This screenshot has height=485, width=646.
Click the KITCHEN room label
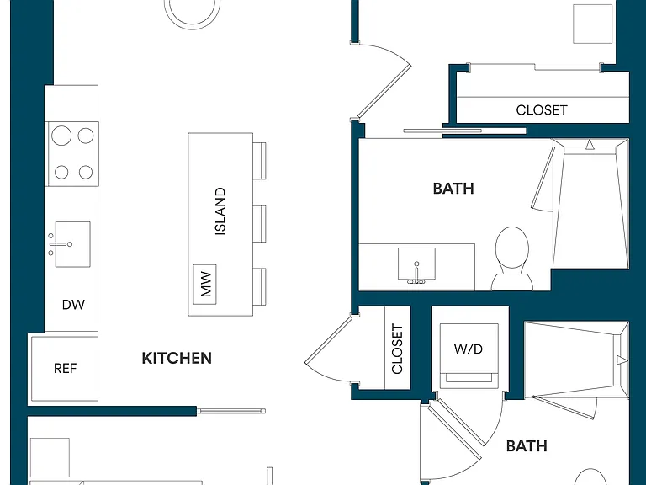point(177,358)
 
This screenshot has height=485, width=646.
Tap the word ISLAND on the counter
point(220,211)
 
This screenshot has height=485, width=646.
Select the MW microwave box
point(204,284)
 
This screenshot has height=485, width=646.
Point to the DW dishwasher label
point(73,305)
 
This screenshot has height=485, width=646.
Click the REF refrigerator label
point(65,368)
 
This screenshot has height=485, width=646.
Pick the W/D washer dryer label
point(469,349)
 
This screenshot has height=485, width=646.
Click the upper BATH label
point(453,189)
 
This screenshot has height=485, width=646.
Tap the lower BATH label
point(527,445)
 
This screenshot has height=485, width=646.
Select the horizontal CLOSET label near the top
point(542,110)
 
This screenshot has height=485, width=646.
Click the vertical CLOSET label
point(397,349)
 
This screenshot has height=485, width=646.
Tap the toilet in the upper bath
point(511,258)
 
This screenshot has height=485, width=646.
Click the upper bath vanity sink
point(416,264)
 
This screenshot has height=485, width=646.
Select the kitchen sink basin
point(73,244)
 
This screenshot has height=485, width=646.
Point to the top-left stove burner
point(61,136)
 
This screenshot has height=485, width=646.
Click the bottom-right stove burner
point(86,172)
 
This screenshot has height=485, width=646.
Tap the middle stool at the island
point(259,224)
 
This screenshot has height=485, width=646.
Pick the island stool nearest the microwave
point(259,287)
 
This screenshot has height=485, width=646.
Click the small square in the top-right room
point(592,24)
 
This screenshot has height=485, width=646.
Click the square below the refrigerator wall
point(50,457)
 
